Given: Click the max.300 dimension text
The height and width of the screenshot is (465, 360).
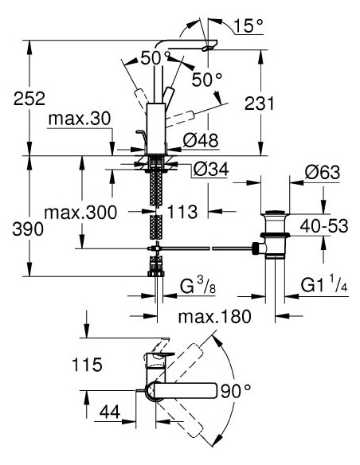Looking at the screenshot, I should click(x=80, y=213).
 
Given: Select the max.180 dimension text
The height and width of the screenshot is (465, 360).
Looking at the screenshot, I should click(x=214, y=317).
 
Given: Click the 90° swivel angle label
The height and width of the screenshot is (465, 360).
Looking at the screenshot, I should click(x=236, y=391).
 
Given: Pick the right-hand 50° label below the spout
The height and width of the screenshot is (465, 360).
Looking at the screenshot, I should click(x=207, y=80).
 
